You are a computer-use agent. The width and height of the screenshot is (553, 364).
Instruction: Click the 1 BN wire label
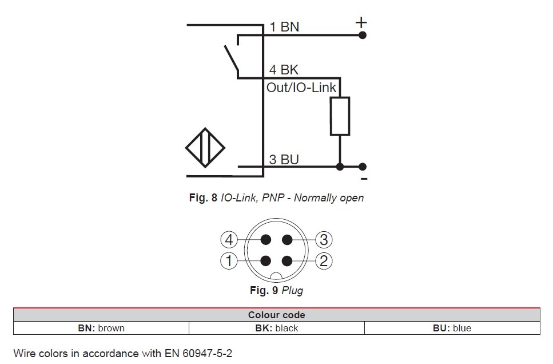284,26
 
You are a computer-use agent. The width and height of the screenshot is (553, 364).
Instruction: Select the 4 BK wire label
284,70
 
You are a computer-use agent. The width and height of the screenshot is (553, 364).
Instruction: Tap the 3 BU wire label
284,159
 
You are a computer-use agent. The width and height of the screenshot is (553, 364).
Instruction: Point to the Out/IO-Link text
302,88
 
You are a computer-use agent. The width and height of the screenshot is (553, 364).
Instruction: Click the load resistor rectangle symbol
340,116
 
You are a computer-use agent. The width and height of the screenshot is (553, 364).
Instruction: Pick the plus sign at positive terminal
361,23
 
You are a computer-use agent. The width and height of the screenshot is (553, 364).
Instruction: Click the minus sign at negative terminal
364,179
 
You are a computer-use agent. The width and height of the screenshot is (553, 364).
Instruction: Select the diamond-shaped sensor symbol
205,147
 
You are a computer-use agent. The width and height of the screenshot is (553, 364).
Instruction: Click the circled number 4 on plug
229,240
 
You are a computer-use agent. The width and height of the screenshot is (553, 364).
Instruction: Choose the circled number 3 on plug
324,240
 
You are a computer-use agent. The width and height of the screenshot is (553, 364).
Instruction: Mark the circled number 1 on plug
229,262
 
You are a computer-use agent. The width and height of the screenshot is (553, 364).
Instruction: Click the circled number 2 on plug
324,262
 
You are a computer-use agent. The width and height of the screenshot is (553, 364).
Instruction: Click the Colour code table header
276,315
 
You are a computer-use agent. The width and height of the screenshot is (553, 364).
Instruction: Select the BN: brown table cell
101,329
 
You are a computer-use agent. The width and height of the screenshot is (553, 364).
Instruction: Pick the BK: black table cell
276,329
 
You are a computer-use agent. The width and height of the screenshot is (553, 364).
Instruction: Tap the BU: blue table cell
452,329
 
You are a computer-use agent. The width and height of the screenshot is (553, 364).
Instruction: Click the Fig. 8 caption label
203,198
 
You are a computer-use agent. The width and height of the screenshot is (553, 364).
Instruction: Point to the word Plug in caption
292,291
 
